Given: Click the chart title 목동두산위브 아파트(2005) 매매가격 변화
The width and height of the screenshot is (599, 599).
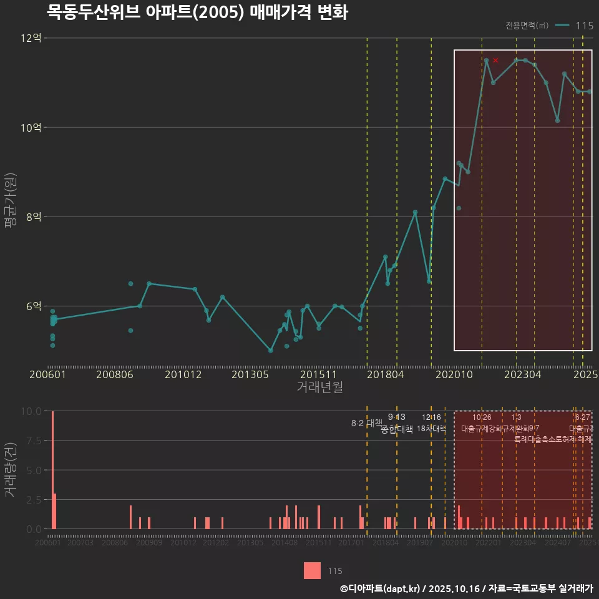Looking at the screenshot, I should point(197,12).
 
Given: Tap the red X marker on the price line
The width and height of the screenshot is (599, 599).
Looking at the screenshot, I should point(495,61).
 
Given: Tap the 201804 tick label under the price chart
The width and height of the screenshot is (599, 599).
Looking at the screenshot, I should point(386,375).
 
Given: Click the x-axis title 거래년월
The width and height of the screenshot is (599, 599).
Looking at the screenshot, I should point(319,387).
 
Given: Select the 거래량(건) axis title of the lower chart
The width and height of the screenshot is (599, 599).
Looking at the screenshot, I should point(11,470).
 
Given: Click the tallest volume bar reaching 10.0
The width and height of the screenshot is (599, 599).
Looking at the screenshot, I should point(52,470).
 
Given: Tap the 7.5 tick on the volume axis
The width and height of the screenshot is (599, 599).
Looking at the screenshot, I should point(31,441).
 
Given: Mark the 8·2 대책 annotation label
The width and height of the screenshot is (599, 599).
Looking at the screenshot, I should point(366,423).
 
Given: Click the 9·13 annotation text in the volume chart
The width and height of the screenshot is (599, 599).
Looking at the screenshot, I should point(396,417).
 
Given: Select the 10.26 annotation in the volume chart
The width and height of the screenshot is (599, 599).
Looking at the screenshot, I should point(482,417).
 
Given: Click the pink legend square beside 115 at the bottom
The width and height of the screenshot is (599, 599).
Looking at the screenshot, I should point(313,571).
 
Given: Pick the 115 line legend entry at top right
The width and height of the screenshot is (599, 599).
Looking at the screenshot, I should point(575,26).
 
